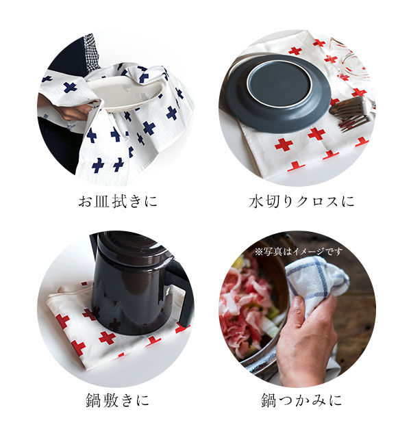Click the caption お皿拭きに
[118, 202]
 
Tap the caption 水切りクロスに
[301, 202]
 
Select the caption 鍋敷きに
[118, 400]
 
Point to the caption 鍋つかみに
[301, 400]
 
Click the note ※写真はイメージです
[299, 252]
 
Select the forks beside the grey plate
[351, 113]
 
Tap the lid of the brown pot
[129, 249]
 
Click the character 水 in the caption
[256, 202]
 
